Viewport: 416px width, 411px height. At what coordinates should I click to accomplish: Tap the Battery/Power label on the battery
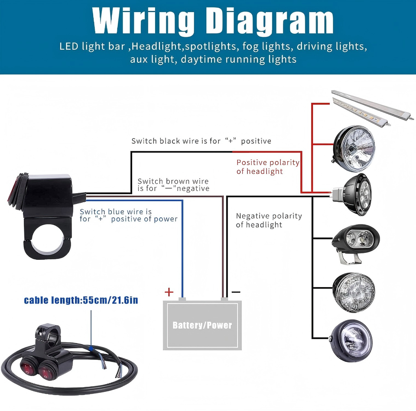[x=202, y=325]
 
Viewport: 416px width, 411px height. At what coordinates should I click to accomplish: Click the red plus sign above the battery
[x=169, y=292]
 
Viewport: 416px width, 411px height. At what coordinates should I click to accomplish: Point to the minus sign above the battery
[x=236, y=292]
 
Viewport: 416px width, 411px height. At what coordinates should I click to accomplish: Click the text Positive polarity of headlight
[x=267, y=167]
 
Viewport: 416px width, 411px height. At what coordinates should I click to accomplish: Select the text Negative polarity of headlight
[x=269, y=220]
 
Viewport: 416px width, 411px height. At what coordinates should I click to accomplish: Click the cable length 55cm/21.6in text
[x=81, y=300]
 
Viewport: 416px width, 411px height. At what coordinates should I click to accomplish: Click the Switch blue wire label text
[x=128, y=215]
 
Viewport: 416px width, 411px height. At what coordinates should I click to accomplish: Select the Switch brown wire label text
[x=173, y=185]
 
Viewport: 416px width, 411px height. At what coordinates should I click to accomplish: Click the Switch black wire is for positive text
[x=201, y=141]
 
